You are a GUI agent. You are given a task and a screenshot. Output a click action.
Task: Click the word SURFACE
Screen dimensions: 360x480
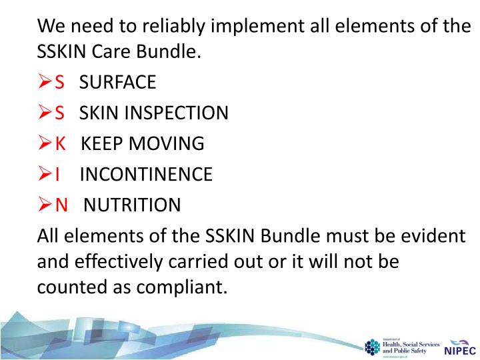point(117,82)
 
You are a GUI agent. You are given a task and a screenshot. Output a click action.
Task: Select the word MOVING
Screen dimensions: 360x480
point(170,143)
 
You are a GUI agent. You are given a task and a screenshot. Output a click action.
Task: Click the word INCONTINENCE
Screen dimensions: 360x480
point(146,174)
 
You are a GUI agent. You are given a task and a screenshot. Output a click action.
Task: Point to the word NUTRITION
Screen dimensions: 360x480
point(132,205)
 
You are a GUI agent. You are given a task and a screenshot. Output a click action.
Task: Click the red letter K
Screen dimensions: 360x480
point(61,143)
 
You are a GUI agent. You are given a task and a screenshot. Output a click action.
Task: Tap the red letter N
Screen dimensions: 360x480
point(61,205)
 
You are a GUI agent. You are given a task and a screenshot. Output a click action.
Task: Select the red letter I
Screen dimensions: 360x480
point(58,174)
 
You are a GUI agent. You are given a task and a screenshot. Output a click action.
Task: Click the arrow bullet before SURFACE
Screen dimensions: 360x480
point(45,82)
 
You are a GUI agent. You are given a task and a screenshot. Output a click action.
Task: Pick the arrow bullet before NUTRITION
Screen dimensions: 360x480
point(45,205)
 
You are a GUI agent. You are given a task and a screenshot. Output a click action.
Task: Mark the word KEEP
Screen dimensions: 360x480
point(103,143)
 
